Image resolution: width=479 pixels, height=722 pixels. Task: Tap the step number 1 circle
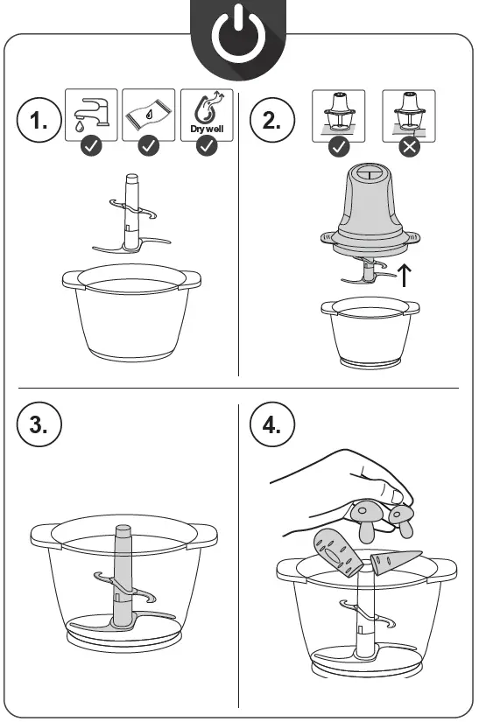(x=39, y=120)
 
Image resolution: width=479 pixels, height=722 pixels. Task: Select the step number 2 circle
(x=272, y=120)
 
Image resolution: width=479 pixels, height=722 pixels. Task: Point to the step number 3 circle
(x=39, y=424)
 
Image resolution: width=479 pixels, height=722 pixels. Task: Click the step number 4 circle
(x=272, y=424)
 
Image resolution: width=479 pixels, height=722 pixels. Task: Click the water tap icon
(x=91, y=114)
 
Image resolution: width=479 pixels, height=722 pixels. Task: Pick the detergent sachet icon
(x=149, y=115)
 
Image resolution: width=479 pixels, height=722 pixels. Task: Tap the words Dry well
(x=207, y=129)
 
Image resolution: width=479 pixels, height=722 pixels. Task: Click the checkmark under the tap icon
(x=91, y=146)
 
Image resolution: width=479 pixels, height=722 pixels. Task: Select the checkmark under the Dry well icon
(x=207, y=146)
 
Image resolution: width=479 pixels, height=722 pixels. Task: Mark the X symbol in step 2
(x=409, y=147)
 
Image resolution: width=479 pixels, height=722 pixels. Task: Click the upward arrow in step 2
(x=404, y=275)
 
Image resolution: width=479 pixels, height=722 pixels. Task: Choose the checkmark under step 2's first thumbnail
(x=339, y=147)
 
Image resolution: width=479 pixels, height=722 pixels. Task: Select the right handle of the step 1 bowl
(x=190, y=279)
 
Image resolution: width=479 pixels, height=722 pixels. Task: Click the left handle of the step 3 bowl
(x=45, y=535)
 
